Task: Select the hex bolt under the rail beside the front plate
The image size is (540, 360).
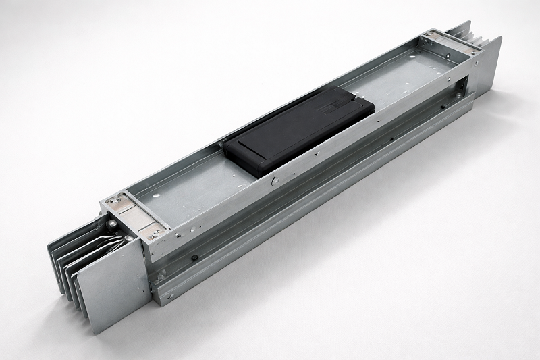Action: click(x=161, y=277)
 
